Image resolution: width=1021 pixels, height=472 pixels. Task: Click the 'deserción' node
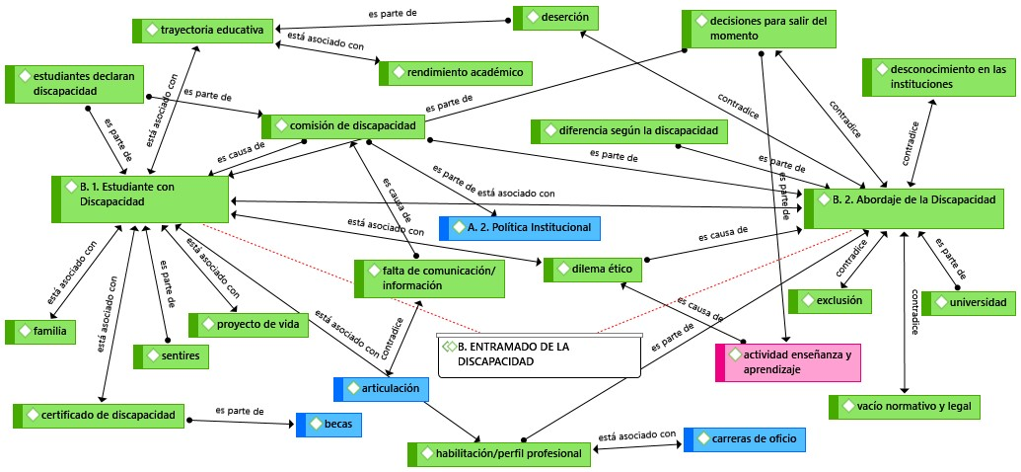555,18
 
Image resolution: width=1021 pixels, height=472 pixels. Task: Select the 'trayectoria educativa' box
202,31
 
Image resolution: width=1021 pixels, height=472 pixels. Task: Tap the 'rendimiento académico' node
456,73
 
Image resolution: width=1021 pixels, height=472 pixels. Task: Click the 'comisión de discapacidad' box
344,126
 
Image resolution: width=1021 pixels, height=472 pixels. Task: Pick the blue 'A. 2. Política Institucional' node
520,228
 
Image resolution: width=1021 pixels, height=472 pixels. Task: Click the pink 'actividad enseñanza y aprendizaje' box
788,362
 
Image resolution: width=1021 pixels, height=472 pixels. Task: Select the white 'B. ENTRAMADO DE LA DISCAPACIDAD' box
540,355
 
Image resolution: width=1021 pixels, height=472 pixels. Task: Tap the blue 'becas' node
328,425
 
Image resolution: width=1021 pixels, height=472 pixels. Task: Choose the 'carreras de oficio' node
744,439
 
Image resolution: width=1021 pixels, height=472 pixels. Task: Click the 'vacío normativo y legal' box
904,407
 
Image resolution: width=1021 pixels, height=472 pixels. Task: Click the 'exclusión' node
830,301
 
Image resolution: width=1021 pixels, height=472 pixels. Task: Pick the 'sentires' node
171,356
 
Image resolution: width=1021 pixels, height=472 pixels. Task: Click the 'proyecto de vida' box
248,325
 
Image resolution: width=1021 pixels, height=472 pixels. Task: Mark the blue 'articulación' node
381,389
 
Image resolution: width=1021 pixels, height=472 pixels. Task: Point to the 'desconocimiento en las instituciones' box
934,77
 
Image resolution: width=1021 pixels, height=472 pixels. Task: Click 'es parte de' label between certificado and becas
240,411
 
